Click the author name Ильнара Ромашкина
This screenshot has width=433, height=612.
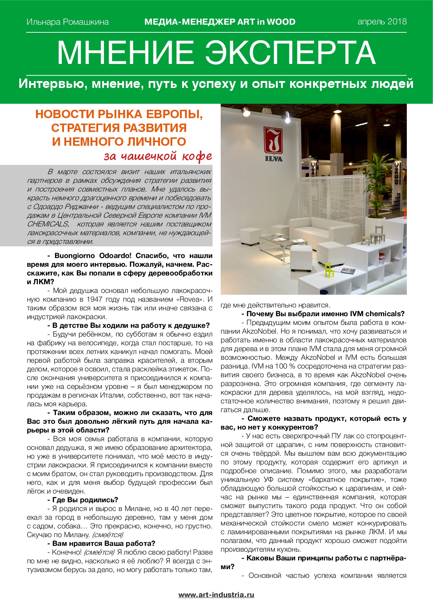click(x=68, y=22)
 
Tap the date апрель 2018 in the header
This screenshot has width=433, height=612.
click(x=382, y=21)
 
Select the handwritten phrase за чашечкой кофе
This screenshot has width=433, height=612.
click(x=158, y=156)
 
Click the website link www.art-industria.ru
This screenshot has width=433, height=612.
click(x=216, y=595)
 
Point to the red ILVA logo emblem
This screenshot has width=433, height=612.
click(x=273, y=140)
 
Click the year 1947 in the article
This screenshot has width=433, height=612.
click(x=95, y=299)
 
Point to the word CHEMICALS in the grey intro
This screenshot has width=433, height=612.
click(x=48, y=224)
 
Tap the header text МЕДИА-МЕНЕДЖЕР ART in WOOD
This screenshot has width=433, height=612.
click(x=220, y=22)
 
